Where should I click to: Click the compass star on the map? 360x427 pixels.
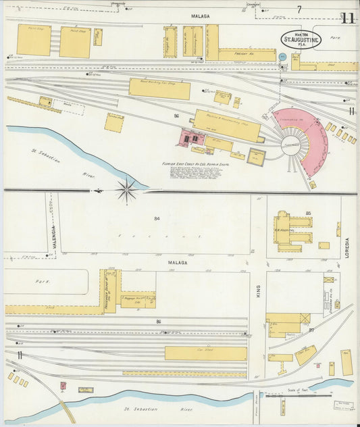pyautogui.click(x=126, y=190)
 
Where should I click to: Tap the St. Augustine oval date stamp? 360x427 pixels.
pyautogui.click(x=301, y=39)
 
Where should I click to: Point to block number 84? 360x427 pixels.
pyautogui.click(x=157, y=218)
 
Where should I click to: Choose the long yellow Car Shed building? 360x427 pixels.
pyautogui.click(x=205, y=353)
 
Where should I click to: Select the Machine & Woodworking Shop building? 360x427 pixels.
pyautogui.click(x=227, y=125)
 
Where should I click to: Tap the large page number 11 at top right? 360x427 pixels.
pyautogui.click(x=348, y=18)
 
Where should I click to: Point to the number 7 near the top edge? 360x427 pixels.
pyautogui.click(x=298, y=9)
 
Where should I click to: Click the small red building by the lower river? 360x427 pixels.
pyautogui.click(x=63, y=386)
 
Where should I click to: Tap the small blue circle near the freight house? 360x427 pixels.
pyautogui.click(x=282, y=57)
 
